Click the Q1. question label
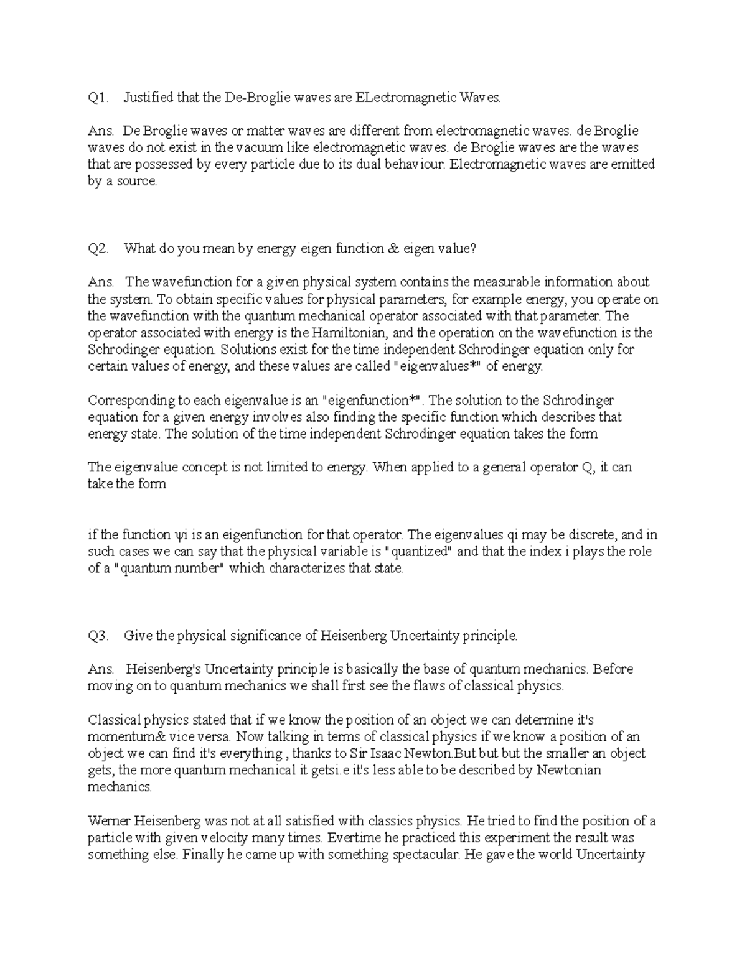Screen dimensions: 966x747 pyautogui.click(x=98, y=98)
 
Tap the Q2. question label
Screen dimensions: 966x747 pyautogui.click(x=98, y=249)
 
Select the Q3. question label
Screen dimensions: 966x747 pyautogui.click(x=98, y=636)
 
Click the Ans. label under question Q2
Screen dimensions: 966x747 pyautogui.click(x=100, y=282)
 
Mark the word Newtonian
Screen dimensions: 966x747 pyautogui.click(x=568, y=771)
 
